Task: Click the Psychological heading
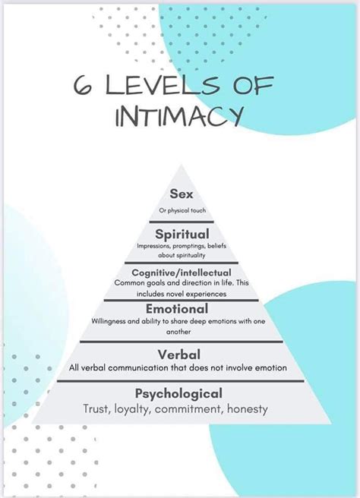179,393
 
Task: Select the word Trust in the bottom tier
98,410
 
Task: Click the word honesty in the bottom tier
246,410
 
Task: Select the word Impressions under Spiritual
155,246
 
